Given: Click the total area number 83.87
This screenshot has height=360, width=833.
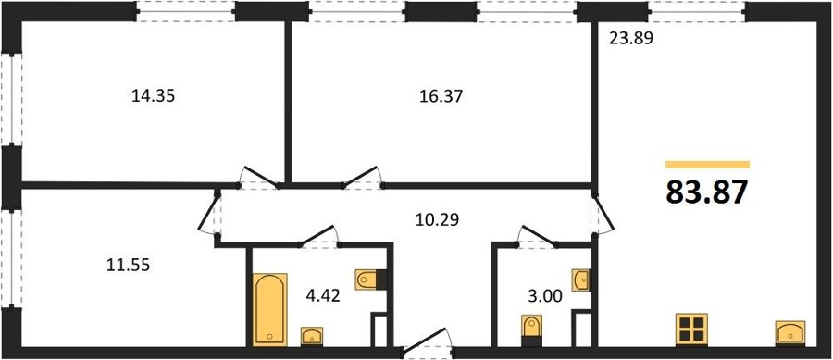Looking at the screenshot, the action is click(x=706, y=192).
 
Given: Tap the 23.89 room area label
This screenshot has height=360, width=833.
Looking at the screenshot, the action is click(x=630, y=38).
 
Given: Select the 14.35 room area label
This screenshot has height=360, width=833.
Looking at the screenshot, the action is click(x=153, y=96).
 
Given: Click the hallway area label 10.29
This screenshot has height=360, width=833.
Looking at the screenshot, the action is click(x=436, y=218).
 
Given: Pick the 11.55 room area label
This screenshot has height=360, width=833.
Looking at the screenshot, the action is click(x=128, y=265).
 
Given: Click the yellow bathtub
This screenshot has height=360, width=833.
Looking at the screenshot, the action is click(x=270, y=309).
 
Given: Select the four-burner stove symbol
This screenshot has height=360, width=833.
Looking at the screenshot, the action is click(x=692, y=329).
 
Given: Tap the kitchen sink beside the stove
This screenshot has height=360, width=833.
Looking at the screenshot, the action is click(x=790, y=333).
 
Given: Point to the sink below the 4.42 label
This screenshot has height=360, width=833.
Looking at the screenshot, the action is click(x=311, y=337).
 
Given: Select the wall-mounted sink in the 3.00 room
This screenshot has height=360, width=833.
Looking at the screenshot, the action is click(x=581, y=279).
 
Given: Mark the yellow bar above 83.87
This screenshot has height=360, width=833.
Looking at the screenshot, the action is click(x=708, y=165).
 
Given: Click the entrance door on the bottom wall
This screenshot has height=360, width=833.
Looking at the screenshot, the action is click(x=427, y=341).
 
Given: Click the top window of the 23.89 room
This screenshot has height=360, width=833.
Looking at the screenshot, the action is click(x=696, y=11).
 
